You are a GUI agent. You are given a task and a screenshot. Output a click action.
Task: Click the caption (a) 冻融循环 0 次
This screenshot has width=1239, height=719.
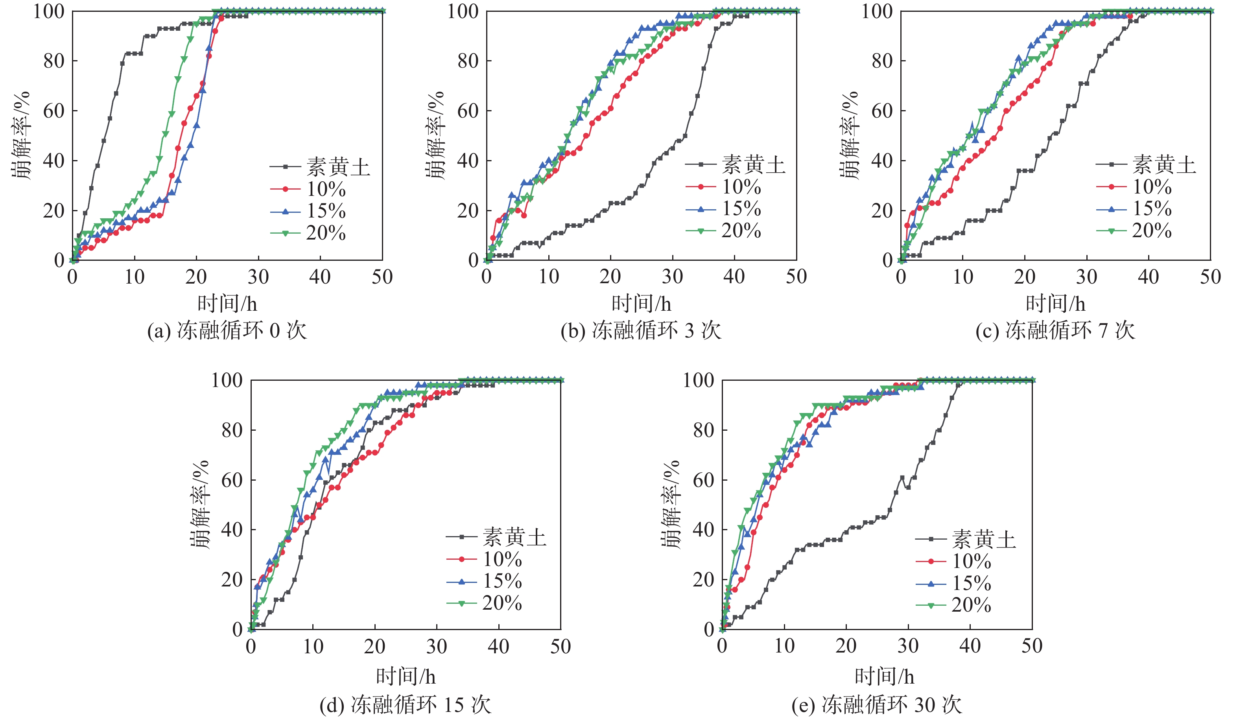pos(227,330)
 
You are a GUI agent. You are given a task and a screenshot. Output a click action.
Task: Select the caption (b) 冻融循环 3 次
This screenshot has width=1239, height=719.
pos(641,330)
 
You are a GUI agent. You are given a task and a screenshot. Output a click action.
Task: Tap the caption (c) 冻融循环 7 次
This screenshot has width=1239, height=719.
pos(1055,330)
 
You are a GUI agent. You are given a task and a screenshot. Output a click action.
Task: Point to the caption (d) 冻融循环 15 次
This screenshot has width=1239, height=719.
pos(406,705)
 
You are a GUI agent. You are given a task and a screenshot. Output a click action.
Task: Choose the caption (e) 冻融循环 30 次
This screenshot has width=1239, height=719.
pos(877,705)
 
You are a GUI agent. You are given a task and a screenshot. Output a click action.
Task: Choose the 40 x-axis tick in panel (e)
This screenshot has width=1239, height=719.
pos(970,646)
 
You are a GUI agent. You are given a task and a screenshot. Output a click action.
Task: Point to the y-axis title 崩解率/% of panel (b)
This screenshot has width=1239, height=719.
pos(435,135)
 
